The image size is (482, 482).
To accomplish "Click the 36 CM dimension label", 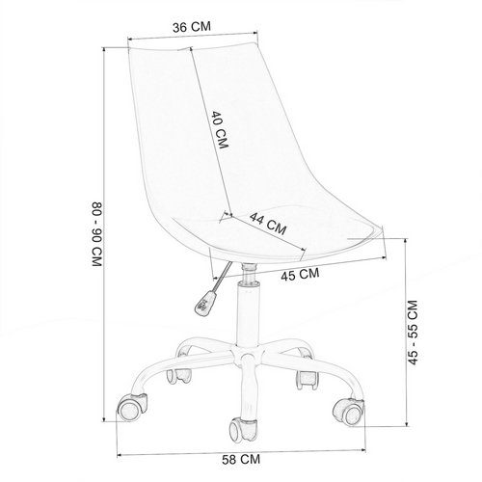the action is [192, 27].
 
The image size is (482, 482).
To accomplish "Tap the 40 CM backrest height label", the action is [220, 130].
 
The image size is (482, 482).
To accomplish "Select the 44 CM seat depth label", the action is [268, 224].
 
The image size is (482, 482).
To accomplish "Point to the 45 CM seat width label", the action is [300, 274].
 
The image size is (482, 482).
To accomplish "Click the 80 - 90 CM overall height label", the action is [96, 234].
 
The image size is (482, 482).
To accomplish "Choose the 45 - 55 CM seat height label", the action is [413, 333].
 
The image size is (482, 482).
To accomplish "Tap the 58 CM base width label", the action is [241, 460].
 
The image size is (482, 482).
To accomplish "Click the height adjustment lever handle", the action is [204, 303].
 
